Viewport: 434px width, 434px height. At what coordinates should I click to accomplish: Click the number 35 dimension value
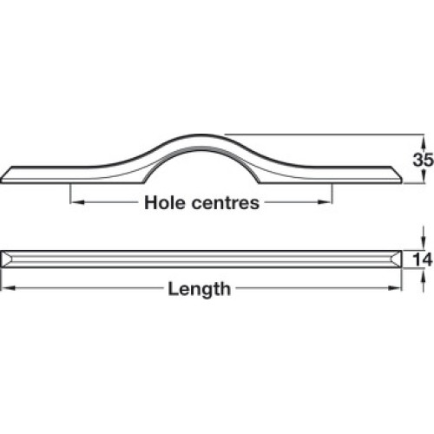coord(423,160)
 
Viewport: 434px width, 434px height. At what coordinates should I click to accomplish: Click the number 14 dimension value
coord(423,259)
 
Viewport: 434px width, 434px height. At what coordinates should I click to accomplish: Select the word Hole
coord(165,202)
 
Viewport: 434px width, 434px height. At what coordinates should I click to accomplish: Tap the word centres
coord(226,203)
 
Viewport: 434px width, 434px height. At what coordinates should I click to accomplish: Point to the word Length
coord(200,289)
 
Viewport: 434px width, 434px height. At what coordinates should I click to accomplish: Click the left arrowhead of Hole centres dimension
coord(77,202)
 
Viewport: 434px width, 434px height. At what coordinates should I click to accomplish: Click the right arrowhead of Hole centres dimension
coord(324,202)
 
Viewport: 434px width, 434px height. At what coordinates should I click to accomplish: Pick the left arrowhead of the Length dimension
coord(8,288)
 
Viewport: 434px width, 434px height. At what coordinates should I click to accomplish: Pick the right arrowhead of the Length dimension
coord(395,288)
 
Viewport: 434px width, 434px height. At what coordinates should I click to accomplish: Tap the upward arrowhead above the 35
coord(424,141)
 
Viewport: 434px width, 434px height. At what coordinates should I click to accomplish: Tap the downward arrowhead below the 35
coord(424,176)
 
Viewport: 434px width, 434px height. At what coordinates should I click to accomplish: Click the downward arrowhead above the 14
coord(424,244)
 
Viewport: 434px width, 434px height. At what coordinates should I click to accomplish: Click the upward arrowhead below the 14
coord(424,274)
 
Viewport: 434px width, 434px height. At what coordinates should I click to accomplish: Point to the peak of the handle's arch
coord(201,135)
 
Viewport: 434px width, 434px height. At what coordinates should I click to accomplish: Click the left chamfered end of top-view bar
coord(5,259)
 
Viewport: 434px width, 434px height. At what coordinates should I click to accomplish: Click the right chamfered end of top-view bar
coord(397,259)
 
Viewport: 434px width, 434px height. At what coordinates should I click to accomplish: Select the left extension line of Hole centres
coord(70,194)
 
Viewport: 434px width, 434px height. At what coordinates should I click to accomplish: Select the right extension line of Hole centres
coord(332,194)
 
